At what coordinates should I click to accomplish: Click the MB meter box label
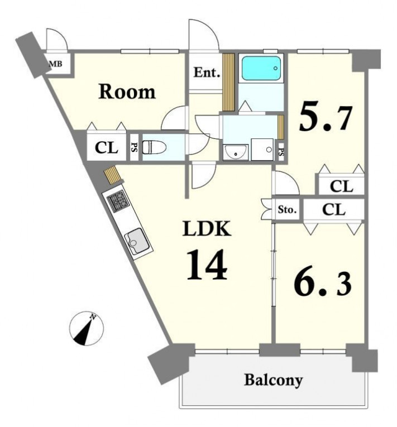point(56,64)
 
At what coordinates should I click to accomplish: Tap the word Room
point(127,92)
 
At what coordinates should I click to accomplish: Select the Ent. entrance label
point(207,73)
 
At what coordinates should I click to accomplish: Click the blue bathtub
point(261,68)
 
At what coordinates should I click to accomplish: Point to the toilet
point(154,147)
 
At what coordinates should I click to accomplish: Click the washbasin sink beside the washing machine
point(236,152)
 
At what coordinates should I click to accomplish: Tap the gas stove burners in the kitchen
point(118,201)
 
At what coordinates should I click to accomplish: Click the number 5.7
point(326,116)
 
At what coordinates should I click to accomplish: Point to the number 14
point(207,265)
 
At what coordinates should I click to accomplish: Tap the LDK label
point(207,228)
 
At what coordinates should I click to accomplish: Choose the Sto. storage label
point(287,210)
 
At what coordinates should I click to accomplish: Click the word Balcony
point(273,380)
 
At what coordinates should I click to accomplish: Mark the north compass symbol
point(87,329)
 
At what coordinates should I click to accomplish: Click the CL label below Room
point(106,148)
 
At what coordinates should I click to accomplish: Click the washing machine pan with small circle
point(262,150)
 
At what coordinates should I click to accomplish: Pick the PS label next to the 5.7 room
point(281,152)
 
